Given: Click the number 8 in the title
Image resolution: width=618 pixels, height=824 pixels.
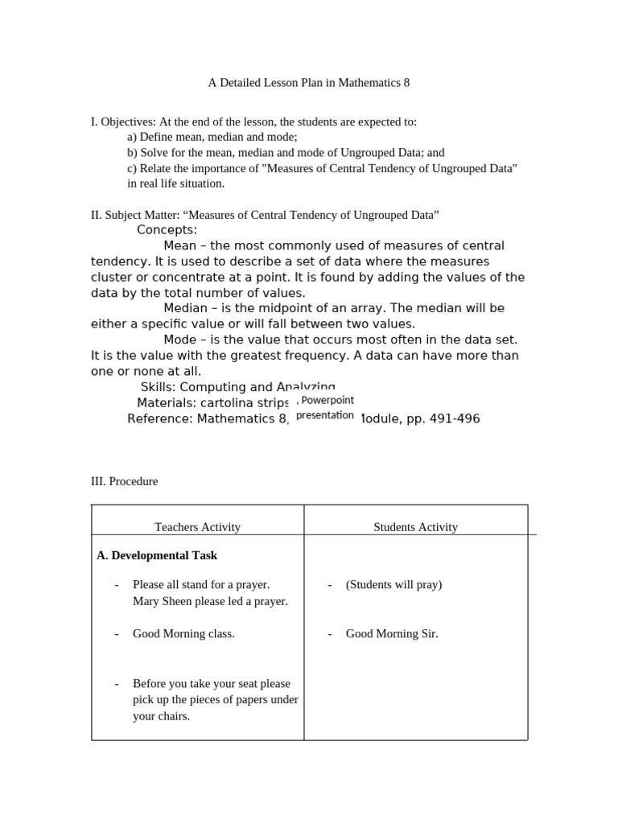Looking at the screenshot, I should coord(406,83).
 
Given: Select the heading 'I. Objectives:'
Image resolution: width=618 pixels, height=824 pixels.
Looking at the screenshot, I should coord(123,122).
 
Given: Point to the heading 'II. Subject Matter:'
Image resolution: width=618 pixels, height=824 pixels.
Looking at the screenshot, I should coord(134,215).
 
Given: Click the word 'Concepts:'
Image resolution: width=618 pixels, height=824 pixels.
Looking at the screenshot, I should coord(167,230).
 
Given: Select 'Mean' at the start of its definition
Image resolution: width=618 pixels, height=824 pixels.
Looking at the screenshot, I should coord(179,245).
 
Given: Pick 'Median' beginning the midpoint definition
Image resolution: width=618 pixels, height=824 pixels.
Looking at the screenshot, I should coord(185,308).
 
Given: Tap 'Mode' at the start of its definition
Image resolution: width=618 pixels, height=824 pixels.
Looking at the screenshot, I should coord(179,340).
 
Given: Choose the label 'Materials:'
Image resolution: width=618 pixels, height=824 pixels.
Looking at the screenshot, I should coord(166,403).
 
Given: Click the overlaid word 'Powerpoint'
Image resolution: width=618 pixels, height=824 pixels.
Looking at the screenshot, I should coord(328,400).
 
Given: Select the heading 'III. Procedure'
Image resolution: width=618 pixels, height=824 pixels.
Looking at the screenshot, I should coord(124,481).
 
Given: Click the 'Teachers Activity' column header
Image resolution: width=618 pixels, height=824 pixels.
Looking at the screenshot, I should coord(197,527).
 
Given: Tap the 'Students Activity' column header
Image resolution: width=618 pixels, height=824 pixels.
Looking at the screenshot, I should coord(415,527).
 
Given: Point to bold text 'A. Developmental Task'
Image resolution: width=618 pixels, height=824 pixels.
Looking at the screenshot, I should coord(157,555).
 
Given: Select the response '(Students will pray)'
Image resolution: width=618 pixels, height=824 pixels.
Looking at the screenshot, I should coord(393,585).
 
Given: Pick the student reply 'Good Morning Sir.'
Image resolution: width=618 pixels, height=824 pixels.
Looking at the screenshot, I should coord(392,634).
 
